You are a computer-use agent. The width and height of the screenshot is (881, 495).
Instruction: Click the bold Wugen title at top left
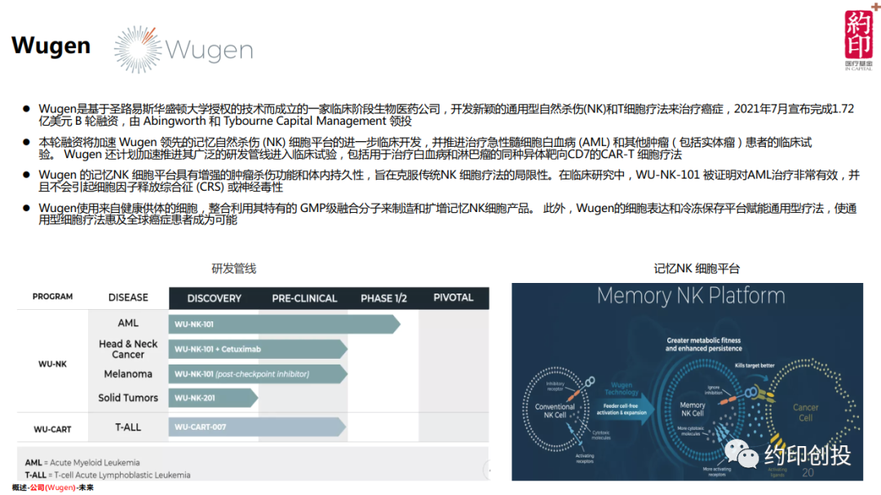[51, 46]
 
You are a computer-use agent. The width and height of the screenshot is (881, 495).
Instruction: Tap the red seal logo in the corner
[857, 36]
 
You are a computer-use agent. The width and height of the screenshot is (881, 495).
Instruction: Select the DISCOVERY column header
[214, 298]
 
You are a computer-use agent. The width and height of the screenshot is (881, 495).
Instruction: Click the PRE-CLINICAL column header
[304, 298]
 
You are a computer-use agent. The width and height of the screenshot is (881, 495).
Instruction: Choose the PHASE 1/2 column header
[383, 298]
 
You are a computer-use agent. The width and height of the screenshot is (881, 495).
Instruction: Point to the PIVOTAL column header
[453, 298]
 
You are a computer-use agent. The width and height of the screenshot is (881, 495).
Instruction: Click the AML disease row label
[128, 324]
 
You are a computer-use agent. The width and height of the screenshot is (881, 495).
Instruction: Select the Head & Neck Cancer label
[128, 349]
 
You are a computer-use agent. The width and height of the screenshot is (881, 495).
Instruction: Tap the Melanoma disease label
[128, 374]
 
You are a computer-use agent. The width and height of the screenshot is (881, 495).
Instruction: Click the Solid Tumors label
[128, 398]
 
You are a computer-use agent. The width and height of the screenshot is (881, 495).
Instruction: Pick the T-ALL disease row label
[128, 426]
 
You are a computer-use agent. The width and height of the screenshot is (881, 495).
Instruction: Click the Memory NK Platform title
[690, 296]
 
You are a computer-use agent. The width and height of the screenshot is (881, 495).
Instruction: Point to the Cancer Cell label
[805, 413]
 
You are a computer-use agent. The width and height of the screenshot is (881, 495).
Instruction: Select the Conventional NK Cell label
[555, 411]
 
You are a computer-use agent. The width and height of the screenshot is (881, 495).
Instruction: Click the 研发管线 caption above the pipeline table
[234, 268]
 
